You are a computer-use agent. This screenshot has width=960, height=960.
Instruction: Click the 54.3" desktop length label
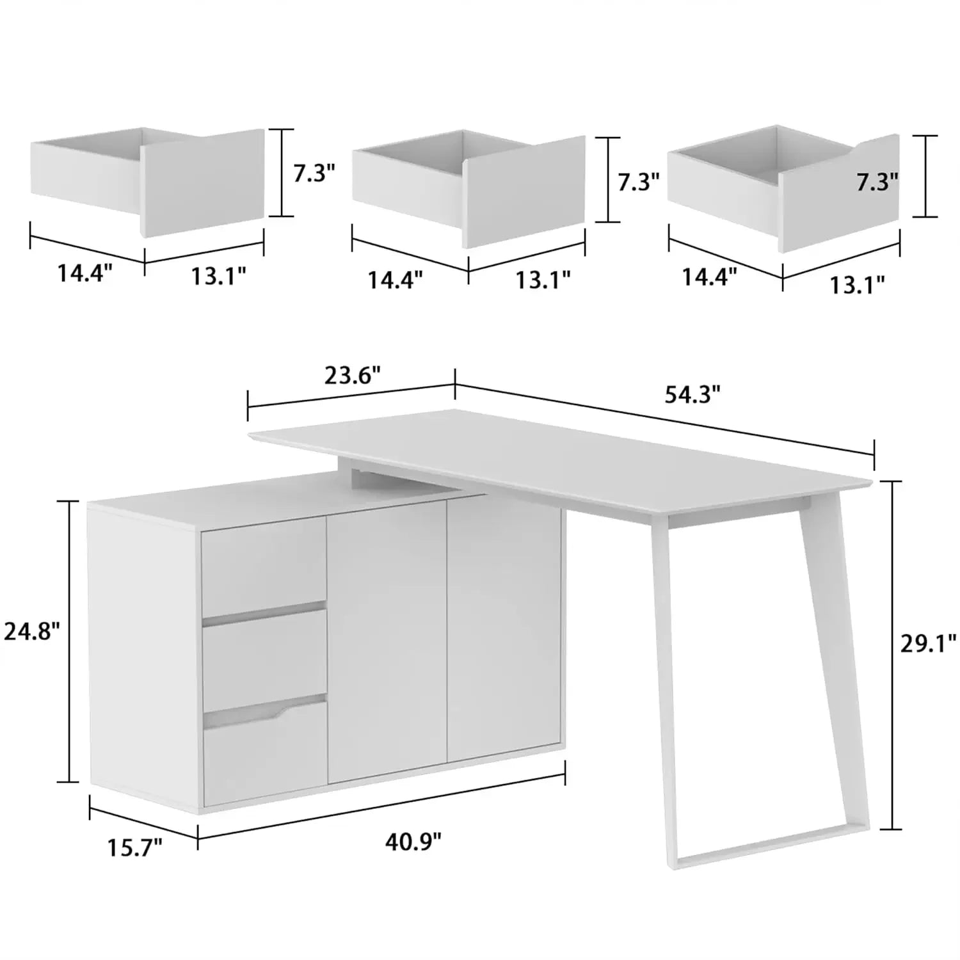click(x=692, y=395)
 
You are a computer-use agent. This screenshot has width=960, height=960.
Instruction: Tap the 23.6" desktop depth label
click(x=353, y=375)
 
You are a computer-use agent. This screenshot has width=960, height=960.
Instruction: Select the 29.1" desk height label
click(x=928, y=643)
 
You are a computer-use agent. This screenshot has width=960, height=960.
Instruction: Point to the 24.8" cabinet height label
click(x=32, y=632)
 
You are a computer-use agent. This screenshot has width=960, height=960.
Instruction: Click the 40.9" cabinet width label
click(x=413, y=841)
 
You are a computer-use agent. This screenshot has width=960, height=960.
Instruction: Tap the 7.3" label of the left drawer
click(x=314, y=173)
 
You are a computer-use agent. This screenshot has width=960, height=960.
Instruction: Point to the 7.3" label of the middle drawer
click(x=638, y=182)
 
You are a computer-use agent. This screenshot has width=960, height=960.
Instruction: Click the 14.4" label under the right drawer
click(x=709, y=277)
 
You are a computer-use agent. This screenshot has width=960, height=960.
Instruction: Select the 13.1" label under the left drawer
click(x=218, y=276)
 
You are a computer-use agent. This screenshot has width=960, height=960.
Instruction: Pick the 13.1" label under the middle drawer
click(x=543, y=280)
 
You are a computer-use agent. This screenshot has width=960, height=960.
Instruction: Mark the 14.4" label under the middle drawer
click(x=395, y=280)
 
